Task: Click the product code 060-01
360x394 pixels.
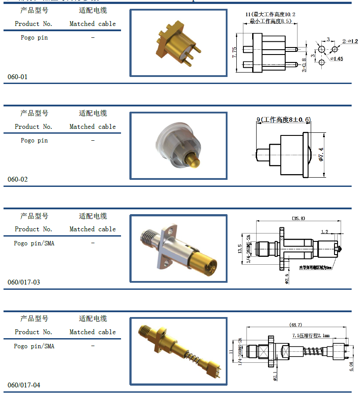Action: tap(18, 77)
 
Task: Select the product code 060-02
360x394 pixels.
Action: tap(18, 179)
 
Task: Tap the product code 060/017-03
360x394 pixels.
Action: tap(24, 282)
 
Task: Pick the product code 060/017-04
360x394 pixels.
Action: tap(24, 385)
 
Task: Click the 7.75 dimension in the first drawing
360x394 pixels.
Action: tap(234, 53)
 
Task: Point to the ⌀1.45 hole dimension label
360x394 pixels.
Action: tap(337, 59)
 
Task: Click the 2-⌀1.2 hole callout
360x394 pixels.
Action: tap(350, 41)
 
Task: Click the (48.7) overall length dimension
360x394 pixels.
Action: tap(295, 325)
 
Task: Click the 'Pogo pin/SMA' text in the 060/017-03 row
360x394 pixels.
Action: tap(34, 243)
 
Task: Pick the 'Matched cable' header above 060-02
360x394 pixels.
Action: tap(92, 127)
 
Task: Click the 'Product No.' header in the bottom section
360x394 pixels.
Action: tap(33, 332)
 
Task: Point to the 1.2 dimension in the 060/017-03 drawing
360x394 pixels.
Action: tap(324, 231)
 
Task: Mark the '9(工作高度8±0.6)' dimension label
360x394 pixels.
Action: tap(283, 120)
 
